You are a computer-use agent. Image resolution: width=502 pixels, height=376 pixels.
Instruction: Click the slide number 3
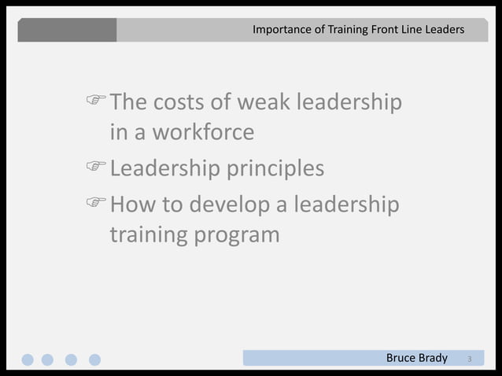click(x=470, y=359)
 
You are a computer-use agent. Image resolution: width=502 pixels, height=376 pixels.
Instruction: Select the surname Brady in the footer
click(x=434, y=359)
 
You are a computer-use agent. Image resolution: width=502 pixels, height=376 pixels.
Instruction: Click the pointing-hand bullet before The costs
click(x=97, y=101)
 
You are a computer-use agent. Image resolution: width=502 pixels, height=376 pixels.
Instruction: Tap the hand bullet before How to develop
click(x=97, y=204)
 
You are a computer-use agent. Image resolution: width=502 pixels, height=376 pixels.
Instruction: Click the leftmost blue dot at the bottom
click(x=28, y=359)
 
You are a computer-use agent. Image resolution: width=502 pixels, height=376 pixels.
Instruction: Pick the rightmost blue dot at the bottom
click(x=94, y=359)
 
